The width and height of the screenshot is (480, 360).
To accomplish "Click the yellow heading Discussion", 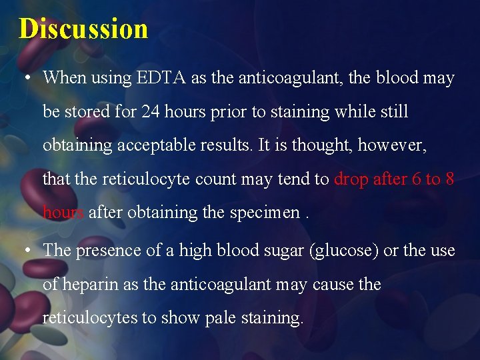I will (x=83, y=29).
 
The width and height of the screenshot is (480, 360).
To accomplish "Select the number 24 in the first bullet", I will (x=150, y=112).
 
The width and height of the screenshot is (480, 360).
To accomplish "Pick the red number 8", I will (x=449, y=179).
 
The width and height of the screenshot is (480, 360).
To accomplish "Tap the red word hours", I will (x=63, y=213).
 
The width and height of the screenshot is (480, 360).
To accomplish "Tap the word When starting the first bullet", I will (x=65, y=78).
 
